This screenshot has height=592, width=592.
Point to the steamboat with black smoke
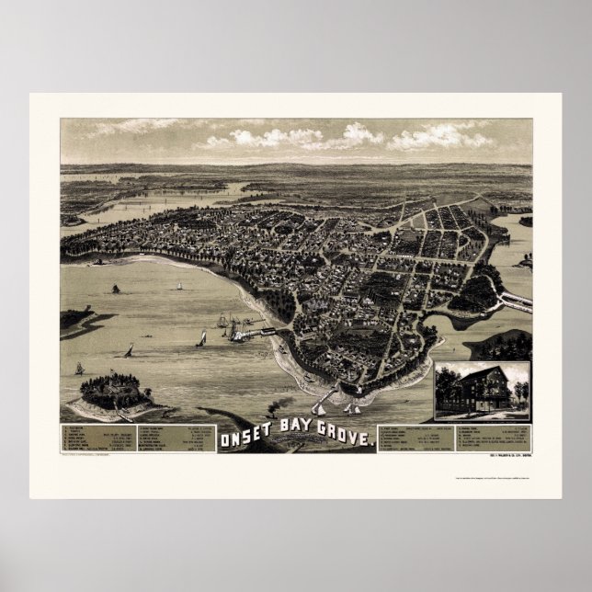coord(277,412)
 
